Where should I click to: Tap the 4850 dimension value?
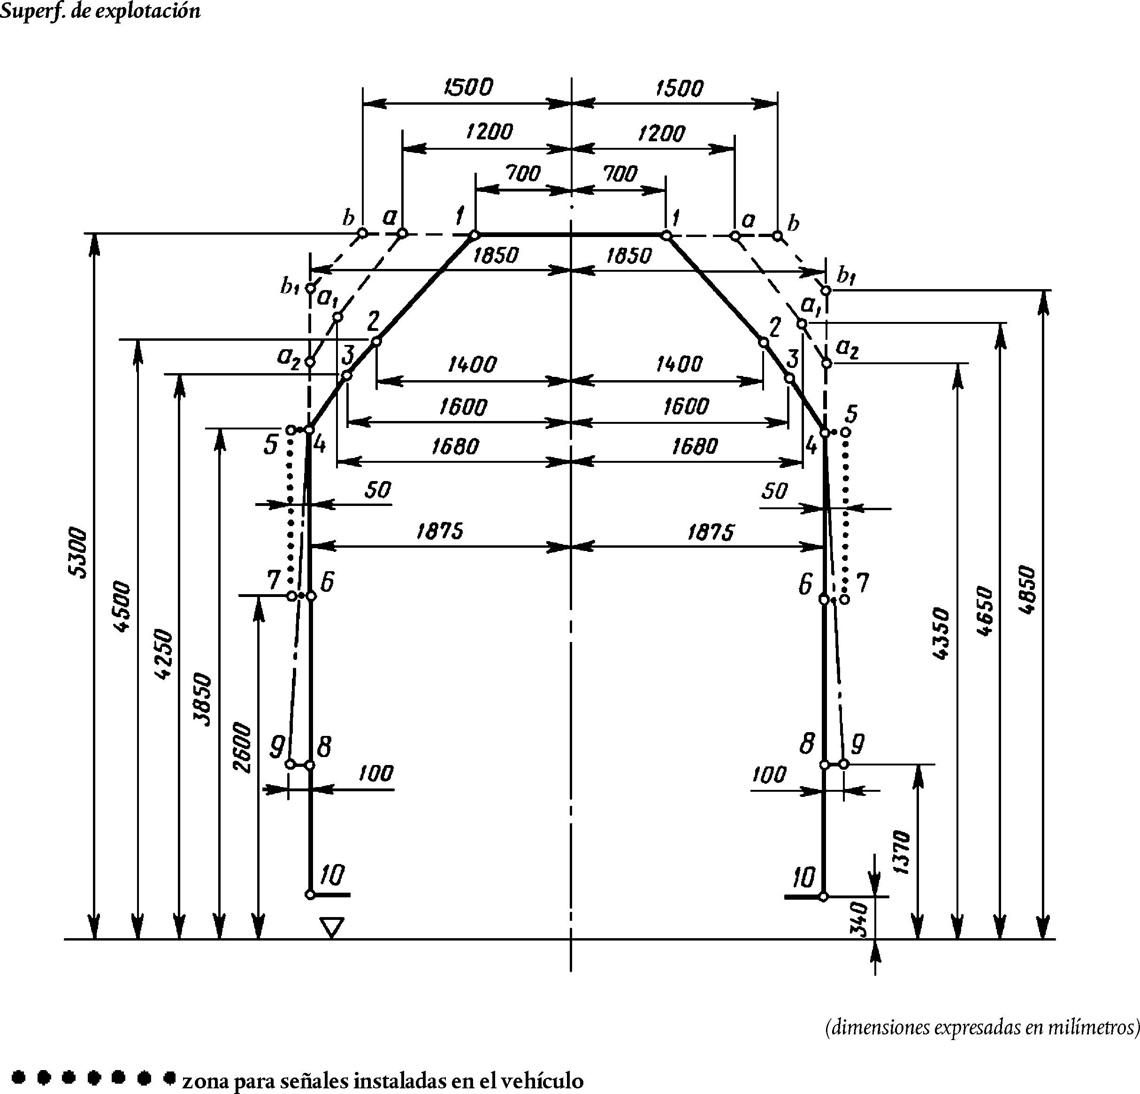(x=1028, y=589)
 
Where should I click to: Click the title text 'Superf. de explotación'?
(x=100, y=10)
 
